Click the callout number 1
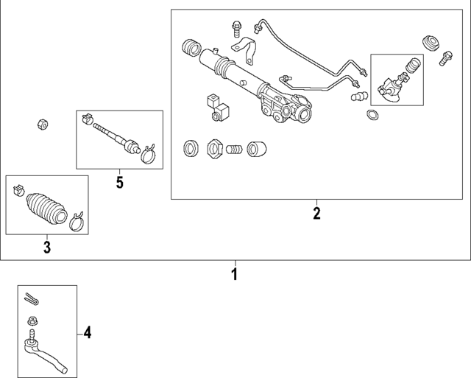click(235, 276)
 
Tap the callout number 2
click(316, 214)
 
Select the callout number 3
click(46, 248)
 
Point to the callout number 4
click(87, 333)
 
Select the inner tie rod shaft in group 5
click(114, 138)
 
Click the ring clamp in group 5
click(146, 152)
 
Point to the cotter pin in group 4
click(30, 298)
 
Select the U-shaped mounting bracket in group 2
click(248, 52)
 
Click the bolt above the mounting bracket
click(235, 28)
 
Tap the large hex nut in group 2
click(215, 148)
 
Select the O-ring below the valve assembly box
click(372, 115)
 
